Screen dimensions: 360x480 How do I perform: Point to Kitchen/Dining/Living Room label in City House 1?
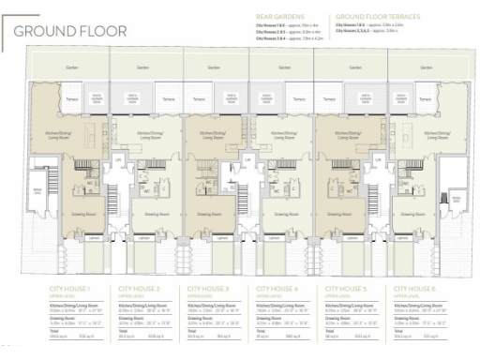click(x=61, y=136)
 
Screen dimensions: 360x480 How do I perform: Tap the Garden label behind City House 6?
click(x=412, y=68)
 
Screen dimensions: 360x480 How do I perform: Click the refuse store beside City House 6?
click(x=457, y=199)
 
